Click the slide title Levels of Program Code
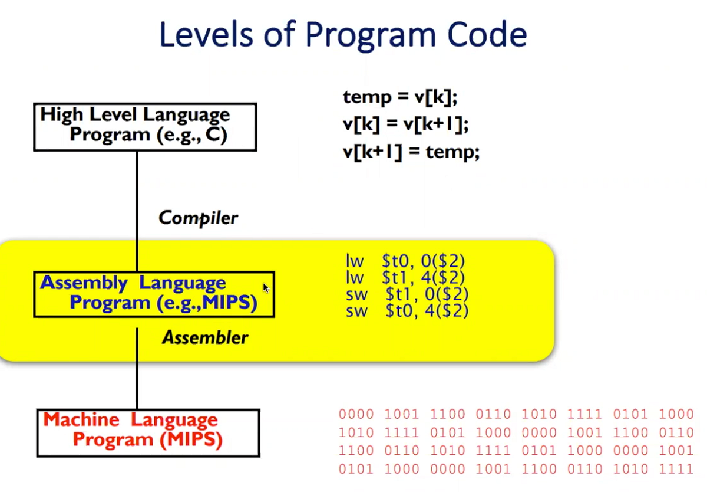(342, 35)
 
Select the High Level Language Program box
(145, 127)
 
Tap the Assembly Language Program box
(154, 294)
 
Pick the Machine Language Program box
(148, 432)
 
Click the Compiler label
(198, 218)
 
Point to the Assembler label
(205, 337)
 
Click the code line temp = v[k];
(400, 97)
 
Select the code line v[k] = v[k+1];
(405, 124)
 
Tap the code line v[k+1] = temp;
(411, 152)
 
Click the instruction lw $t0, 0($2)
(406, 261)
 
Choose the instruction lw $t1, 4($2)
(406, 277)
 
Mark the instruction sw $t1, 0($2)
(407, 294)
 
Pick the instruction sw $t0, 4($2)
(407, 310)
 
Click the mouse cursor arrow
(266, 288)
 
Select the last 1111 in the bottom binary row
(676, 470)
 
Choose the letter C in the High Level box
(216, 135)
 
